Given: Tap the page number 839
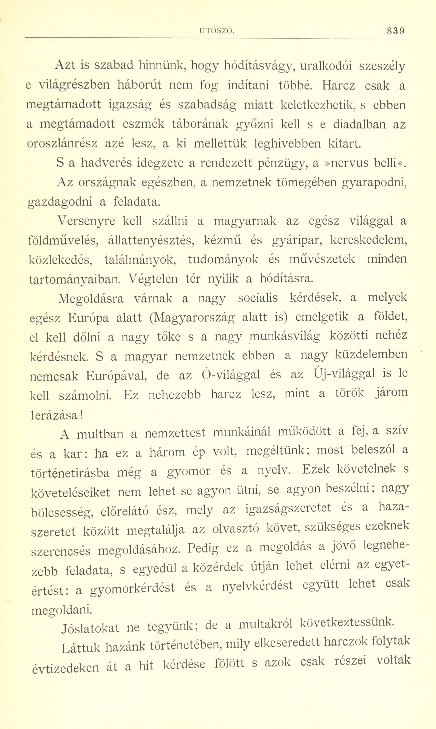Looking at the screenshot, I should [395, 31].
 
